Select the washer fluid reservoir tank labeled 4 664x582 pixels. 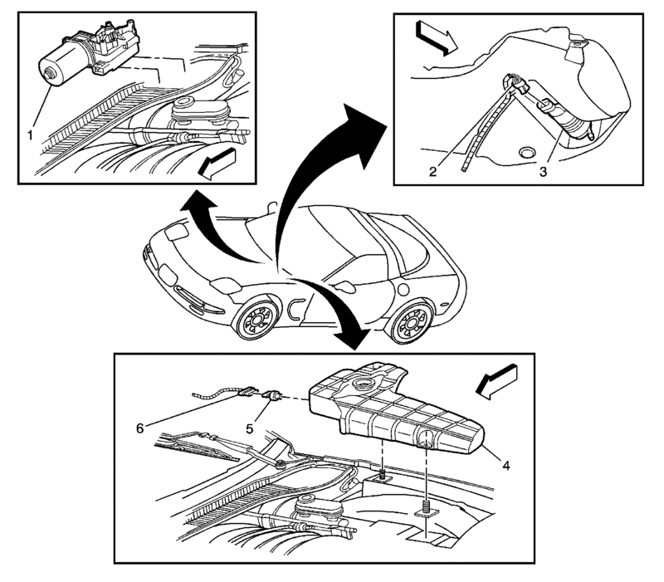[x=390, y=411]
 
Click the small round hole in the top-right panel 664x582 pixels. [x=525, y=153]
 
